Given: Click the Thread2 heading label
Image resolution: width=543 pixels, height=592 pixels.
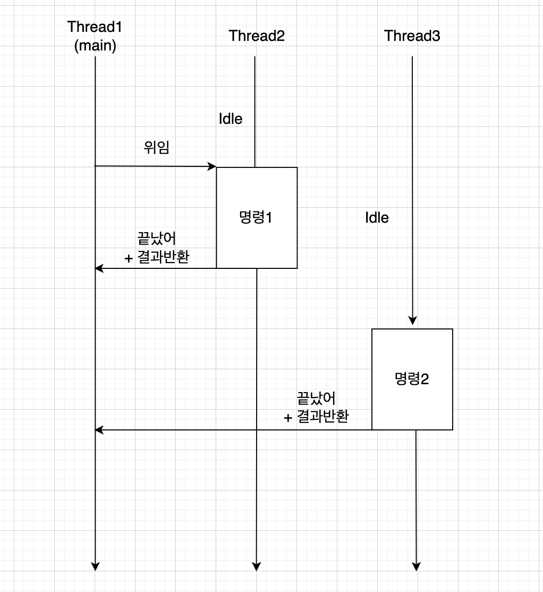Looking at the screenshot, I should (257, 36).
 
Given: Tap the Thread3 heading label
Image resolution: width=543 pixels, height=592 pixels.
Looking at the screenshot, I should (412, 36).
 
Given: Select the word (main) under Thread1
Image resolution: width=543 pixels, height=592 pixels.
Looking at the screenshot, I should (96, 46).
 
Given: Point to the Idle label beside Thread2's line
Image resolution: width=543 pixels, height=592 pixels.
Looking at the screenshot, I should (231, 119).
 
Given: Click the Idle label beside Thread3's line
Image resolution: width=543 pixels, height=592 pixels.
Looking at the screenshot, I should (377, 217).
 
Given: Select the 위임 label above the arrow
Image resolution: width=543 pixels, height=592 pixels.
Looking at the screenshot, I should (157, 148).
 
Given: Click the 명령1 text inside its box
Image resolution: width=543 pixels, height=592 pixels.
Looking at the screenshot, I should (256, 217).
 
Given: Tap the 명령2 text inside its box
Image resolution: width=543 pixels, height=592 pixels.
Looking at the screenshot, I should (412, 379).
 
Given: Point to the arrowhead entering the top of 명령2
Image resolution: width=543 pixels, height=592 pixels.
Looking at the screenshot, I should (413, 320).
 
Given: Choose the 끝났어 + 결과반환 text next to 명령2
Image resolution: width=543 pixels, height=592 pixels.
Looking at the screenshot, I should (317, 407).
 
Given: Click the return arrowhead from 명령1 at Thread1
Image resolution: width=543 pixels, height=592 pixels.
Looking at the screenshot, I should (99, 268).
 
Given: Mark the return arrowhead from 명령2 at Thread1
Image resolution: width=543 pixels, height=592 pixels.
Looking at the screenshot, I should (99, 429).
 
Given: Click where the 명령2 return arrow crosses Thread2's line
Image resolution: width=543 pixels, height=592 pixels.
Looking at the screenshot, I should (257, 429).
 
